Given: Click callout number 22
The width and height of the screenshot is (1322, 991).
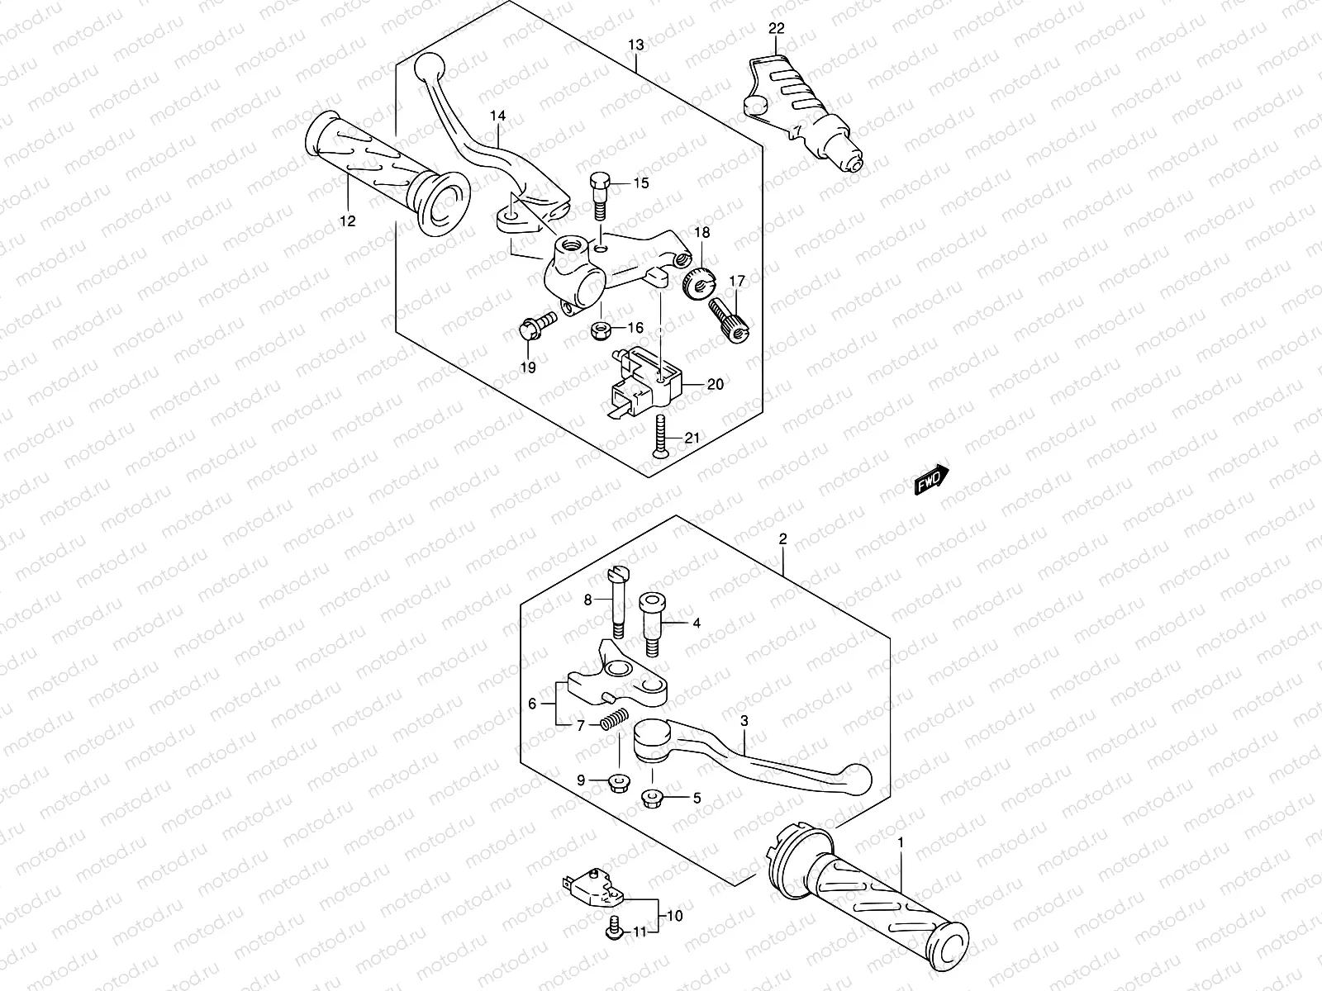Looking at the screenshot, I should point(775,29).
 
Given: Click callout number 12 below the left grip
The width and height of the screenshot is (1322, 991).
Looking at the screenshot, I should point(347,220).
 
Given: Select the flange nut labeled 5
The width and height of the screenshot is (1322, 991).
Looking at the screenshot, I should point(650,798).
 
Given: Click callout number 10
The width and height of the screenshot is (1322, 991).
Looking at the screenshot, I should point(674,916).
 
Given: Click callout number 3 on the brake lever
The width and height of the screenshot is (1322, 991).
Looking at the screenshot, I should point(744,721).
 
